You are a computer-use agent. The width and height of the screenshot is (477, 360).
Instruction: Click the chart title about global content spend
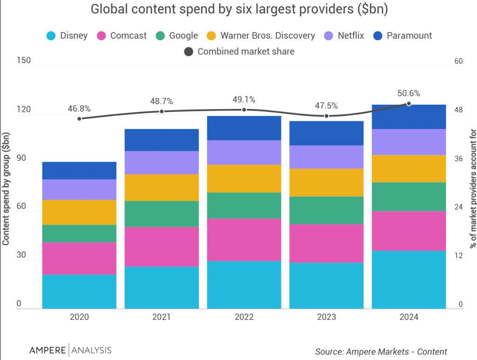(238, 9)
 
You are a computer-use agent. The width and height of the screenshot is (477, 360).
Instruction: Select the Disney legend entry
(68, 35)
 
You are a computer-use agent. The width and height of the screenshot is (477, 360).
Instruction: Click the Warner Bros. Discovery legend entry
(261, 35)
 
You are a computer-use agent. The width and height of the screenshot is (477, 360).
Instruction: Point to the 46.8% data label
(79, 109)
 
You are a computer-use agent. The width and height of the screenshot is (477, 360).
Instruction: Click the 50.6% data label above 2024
(409, 93)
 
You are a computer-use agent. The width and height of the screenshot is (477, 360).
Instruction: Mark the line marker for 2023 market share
(327, 116)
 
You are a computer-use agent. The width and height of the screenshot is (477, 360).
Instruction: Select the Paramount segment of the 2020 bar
(79, 170)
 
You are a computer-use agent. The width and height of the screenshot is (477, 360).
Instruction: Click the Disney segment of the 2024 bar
(409, 279)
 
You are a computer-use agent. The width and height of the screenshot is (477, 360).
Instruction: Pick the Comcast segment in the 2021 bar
(162, 246)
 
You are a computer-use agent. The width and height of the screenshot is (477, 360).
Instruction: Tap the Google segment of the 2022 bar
(244, 205)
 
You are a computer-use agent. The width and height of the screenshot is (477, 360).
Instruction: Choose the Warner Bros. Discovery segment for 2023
(327, 182)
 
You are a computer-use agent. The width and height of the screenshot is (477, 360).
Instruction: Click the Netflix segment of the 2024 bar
(409, 142)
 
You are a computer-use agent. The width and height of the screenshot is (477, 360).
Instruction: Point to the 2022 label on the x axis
(244, 317)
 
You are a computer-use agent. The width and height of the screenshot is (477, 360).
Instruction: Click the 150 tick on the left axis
(23, 61)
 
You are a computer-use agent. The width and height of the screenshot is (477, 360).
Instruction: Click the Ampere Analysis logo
(70, 350)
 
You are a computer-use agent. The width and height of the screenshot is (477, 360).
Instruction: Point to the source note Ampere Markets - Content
(381, 352)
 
